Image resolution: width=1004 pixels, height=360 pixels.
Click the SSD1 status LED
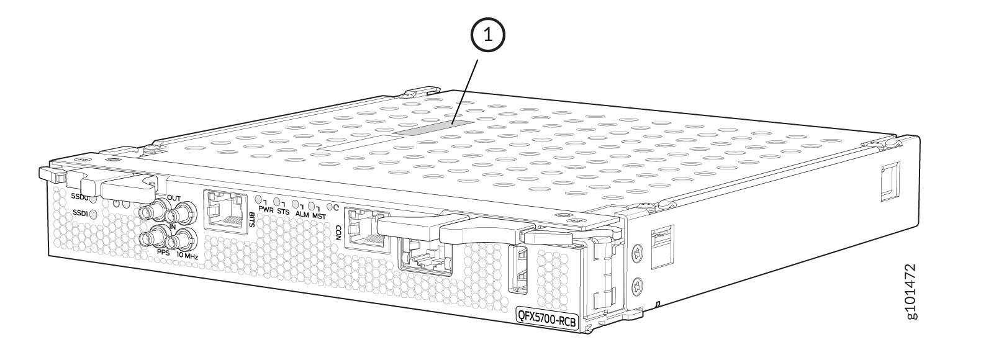coord(94,215)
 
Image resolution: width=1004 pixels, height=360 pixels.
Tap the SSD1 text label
coord(80,213)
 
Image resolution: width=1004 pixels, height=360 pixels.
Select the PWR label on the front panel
coord(266,209)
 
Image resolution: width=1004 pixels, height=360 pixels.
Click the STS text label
coord(283,212)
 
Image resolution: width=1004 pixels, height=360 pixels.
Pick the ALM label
coord(302,214)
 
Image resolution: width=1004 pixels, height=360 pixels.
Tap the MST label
coord(319,217)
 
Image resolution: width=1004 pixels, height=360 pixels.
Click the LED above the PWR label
coord(260,200)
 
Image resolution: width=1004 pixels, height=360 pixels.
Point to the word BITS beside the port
coord(250,220)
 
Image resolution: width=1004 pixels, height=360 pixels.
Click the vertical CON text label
coord(339,232)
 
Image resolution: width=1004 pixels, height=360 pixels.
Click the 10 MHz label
coord(187,256)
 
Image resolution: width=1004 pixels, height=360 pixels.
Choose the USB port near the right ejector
coord(519,269)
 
